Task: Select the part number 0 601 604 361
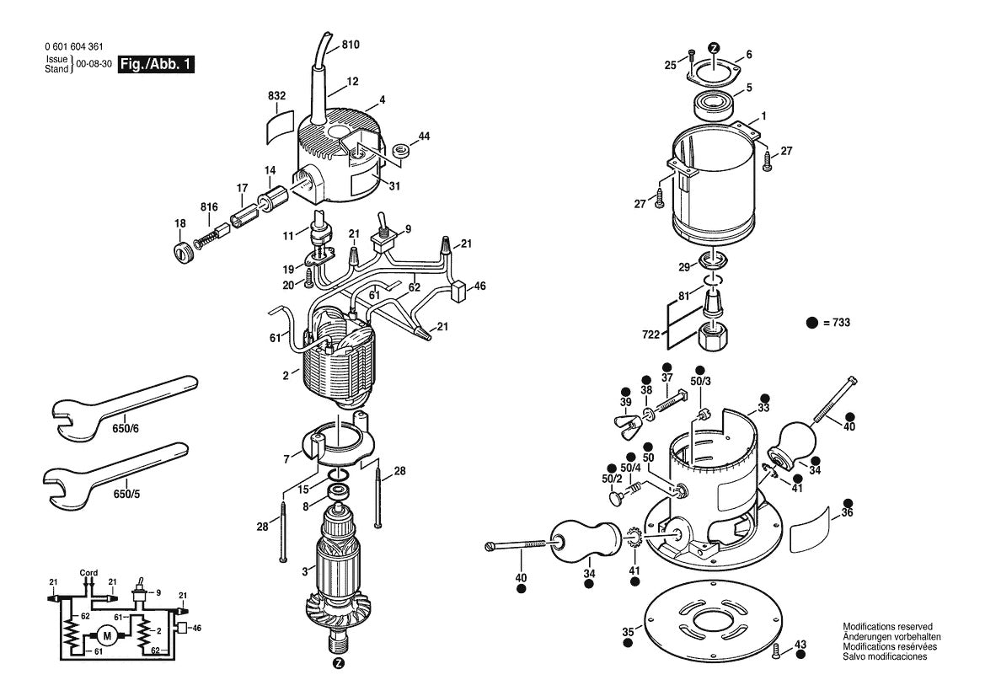[x=76, y=47]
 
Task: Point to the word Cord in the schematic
[x=88, y=573]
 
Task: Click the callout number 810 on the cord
[x=350, y=44]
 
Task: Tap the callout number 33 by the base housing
[x=763, y=409]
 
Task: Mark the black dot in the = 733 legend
[x=812, y=322]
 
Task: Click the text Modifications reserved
[x=887, y=627]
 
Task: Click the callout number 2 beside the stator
[x=286, y=374]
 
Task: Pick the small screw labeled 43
[x=776, y=648]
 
